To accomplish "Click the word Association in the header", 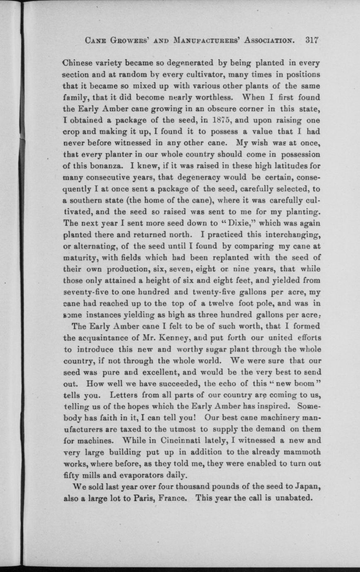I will coord(270,41).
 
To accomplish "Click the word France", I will coord(170,498).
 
